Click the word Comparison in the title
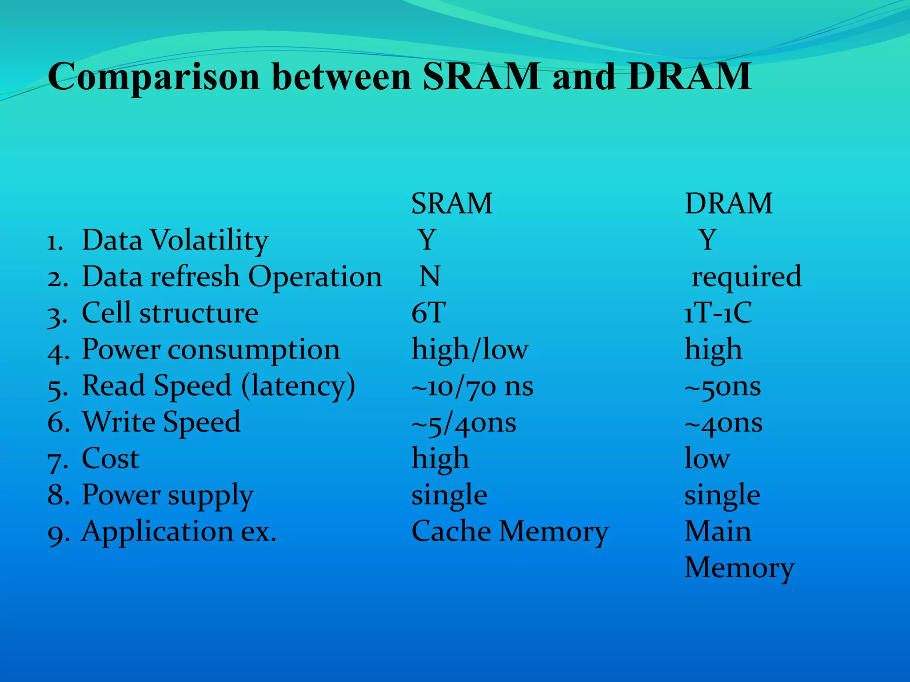click(x=153, y=78)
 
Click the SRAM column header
click(x=451, y=204)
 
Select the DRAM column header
click(x=728, y=204)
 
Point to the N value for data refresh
click(x=430, y=276)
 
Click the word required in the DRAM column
click(x=746, y=277)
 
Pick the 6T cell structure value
click(x=428, y=313)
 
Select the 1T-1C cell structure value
click(x=718, y=313)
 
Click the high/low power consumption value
click(x=470, y=349)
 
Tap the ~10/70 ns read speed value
click(x=472, y=386)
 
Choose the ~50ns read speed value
click(x=722, y=386)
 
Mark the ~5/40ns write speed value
click(x=463, y=423)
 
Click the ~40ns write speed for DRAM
click(x=723, y=423)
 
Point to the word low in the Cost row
click(x=706, y=459)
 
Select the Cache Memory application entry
click(x=510, y=532)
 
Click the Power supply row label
click(x=168, y=496)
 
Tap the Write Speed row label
click(x=161, y=422)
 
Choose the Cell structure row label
click(x=170, y=313)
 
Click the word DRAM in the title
click(x=690, y=77)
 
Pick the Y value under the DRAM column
click(x=707, y=240)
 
